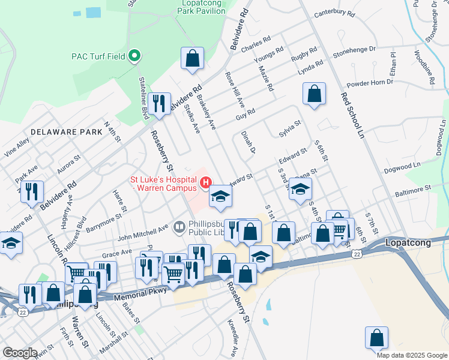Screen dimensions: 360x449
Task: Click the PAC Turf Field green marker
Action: pyautogui.click(x=135, y=57)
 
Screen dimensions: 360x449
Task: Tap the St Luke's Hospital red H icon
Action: pyautogui.click(x=206, y=181)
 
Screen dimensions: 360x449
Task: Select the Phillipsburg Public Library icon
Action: pyautogui.click(x=179, y=227)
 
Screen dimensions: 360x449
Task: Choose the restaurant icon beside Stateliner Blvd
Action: pyautogui.click(x=159, y=103)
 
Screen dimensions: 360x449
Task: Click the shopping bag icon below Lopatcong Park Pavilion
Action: pyautogui.click(x=192, y=58)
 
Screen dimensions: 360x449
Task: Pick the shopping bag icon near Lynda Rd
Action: pyautogui.click(x=314, y=94)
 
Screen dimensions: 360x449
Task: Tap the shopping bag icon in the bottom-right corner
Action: pyautogui.click(x=376, y=337)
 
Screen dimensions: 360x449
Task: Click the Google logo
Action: pyautogui.click(x=20, y=353)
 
